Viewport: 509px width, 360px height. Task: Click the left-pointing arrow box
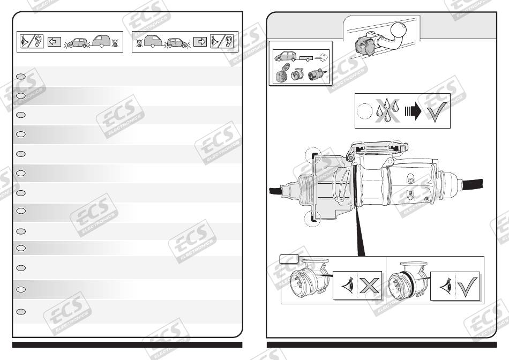(x=54, y=42)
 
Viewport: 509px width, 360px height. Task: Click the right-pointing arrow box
(x=200, y=42)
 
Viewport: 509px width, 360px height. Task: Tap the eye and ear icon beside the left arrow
(x=32, y=42)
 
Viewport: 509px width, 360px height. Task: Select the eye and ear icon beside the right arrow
(x=222, y=42)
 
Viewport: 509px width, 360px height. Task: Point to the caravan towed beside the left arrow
(x=102, y=42)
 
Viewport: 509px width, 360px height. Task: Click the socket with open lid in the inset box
(x=282, y=73)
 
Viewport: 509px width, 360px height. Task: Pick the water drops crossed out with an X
(x=387, y=110)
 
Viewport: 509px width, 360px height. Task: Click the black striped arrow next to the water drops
(x=413, y=111)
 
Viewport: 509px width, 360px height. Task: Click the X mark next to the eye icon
(x=369, y=286)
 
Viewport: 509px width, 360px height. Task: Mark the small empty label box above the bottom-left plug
(x=289, y=259)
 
